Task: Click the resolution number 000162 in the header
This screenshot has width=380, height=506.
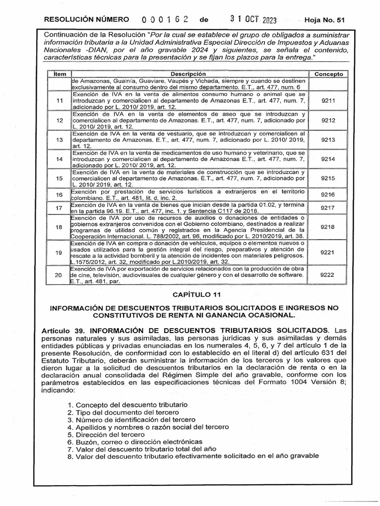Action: click(x=165, y=20)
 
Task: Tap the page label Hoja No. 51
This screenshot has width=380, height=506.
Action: click(x=325, y=20)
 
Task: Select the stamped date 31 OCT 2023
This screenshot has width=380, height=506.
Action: click(x=253, y=20)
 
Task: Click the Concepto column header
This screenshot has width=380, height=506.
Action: click(x=329, y=74)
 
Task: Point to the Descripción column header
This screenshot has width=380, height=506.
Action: click(x=190, y=74)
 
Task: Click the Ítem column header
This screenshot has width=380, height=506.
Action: click(x=59, y=74)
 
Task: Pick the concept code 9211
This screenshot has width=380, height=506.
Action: click(x=328, y=100)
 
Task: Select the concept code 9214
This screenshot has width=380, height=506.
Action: click(x=328, y=159)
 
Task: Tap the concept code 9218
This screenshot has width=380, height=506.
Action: click(x=328, y=227)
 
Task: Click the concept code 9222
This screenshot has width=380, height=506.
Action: click(x=328, y=274)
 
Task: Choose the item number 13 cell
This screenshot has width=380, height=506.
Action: click(x=60, y=140)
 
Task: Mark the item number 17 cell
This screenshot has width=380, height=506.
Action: click(x=60, y=208)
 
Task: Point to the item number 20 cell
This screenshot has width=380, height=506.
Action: click(x=60, y=274)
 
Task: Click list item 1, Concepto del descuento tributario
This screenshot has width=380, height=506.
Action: click(x=127, y=404)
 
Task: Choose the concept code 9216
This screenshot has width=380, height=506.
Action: click(x=328, y=195)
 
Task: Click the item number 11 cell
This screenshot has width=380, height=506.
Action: click(x=60, y=100)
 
